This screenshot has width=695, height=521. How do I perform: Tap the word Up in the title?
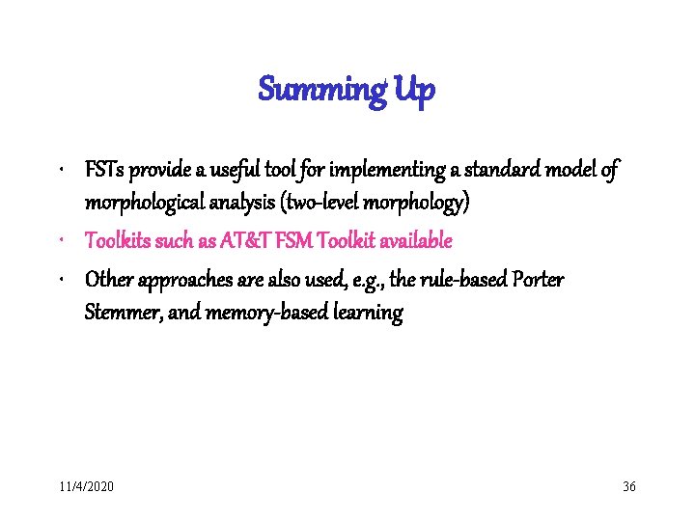pyautogui.click(x=415, y=91)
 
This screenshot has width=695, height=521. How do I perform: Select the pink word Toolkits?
pyautogui.click(x=122, y=239)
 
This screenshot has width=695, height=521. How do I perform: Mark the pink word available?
pyautogui.click(x=415, y=239)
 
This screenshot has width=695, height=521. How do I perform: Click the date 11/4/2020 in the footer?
pyautogui.click(x=86, y=486)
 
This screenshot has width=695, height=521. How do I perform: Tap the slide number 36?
pyautogui.click(x=629, y=486)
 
